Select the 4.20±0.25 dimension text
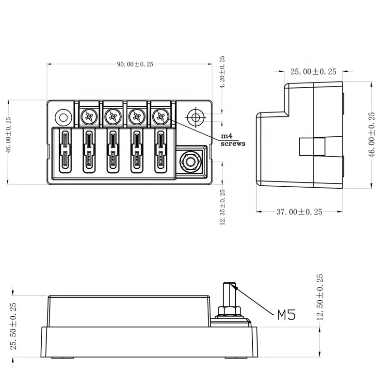tap(223, 73)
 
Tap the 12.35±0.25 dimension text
tap(223, 206)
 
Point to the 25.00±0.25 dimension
tap(313, 72)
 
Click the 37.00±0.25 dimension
tap(300, 212)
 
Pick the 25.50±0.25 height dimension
tap(14, 326)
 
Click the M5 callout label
tap(286, 316)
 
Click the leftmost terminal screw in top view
tap(89, 116)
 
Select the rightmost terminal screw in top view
tap(160, 116)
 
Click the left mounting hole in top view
tap(63, 117)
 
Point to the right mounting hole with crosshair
tap(196, 117)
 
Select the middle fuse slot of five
tap(112, 151)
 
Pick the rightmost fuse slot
tap(160, 151)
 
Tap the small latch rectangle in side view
tap(312, 147)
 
